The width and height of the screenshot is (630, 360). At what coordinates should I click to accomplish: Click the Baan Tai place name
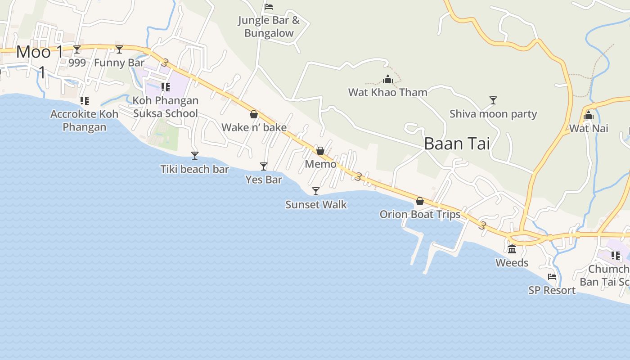(457, 144)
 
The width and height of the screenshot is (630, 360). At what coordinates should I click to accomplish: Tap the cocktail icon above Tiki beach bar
(195, 156)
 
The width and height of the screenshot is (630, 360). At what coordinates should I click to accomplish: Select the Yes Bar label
(264, 180)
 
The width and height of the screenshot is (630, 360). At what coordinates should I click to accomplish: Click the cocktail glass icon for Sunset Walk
(316, 191)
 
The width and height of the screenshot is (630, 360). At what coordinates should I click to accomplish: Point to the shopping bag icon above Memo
(320, 151)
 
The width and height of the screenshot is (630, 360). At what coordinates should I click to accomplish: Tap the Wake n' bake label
(254, 127)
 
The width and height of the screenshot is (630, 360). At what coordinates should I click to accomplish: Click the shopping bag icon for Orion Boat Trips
(420, 201)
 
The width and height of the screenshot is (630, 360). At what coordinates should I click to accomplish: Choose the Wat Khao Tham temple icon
(388, 80)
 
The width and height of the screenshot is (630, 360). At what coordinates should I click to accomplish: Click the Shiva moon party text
(493, 113)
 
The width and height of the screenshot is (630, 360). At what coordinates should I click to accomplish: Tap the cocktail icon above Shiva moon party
(493, 100)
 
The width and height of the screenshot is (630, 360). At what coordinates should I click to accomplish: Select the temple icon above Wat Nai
(589, 116)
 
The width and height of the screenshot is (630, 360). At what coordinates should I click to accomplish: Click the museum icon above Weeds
(512, 249)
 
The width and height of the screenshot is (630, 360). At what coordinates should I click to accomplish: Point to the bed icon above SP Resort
(552, 277)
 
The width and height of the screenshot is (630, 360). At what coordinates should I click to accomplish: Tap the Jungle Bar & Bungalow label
(269, 27)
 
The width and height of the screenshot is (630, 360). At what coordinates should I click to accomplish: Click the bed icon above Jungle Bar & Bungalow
(269, 7)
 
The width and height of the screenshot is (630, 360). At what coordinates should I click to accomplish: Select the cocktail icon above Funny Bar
(119, 49)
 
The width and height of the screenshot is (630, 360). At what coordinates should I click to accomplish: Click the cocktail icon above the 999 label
(77, 49)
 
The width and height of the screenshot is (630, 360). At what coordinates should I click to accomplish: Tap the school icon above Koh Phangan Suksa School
(166, 87)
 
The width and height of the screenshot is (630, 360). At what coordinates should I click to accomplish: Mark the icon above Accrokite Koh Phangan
(84, 101)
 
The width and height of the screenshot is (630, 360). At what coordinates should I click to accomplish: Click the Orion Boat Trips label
(420, 214)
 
